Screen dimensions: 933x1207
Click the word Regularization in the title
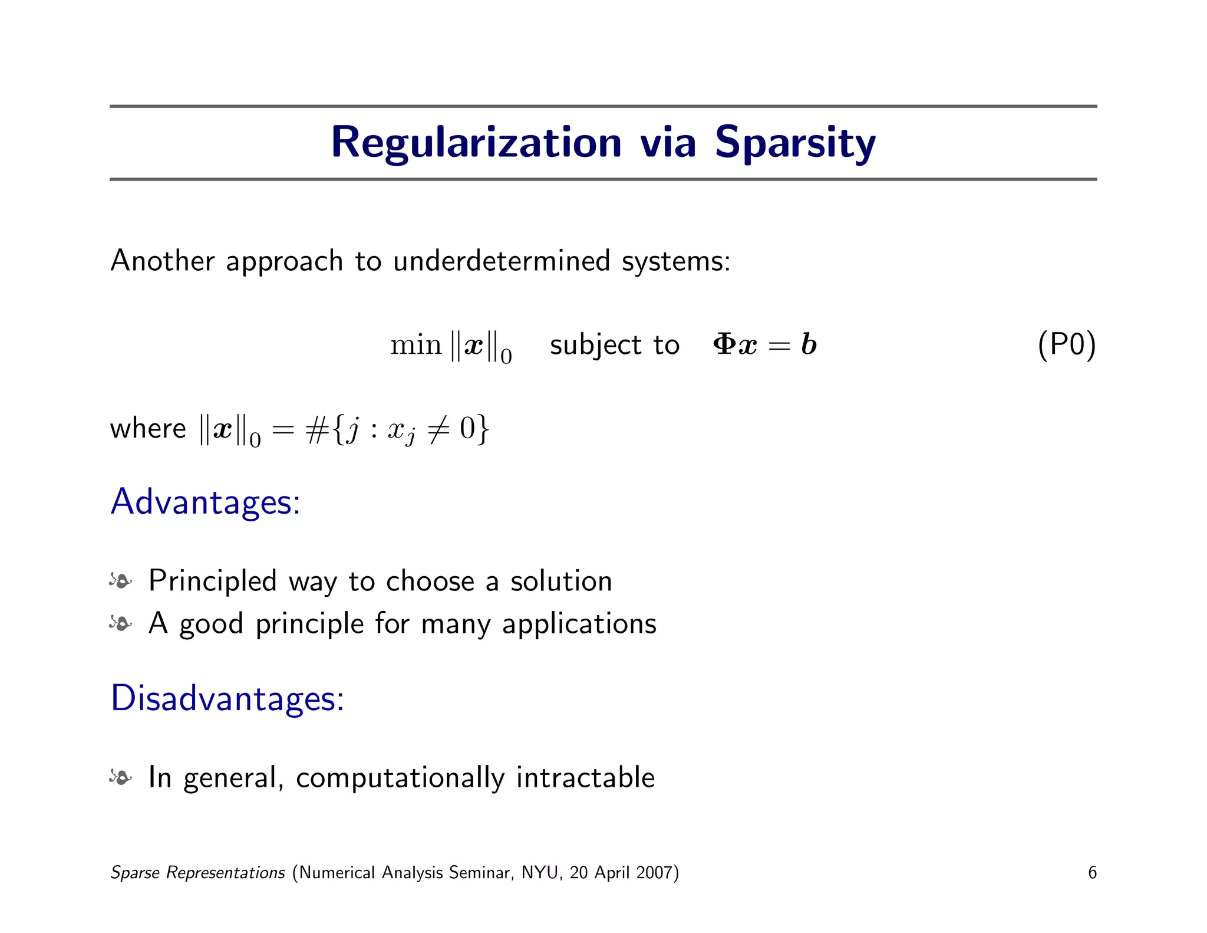click(476, 143)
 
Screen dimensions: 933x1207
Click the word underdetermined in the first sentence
click(501, 261)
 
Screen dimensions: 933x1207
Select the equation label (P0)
click(1066, 344)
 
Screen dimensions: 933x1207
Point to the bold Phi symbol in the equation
click(723, 344)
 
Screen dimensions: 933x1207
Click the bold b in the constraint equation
click(809, 344)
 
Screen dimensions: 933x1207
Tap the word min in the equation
click(415, 345)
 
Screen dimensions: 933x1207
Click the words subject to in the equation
click(614, 345)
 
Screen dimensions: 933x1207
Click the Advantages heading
click(205, 502)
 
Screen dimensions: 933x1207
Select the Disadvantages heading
click(227, 699)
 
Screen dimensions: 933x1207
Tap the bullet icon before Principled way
click(121, 582)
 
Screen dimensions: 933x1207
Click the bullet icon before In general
click(121, 778)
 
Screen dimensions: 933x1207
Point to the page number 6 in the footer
click(1091, 873)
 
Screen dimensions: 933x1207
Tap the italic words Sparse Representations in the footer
click(197, 873)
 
